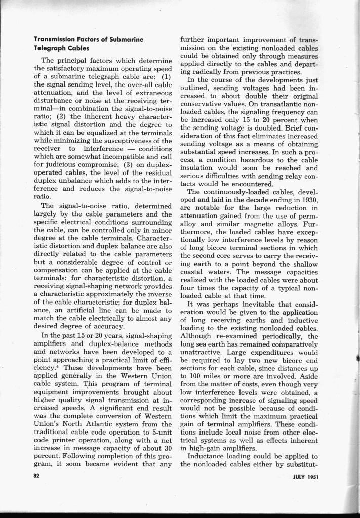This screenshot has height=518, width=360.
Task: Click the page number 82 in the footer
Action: pos(36,477)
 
